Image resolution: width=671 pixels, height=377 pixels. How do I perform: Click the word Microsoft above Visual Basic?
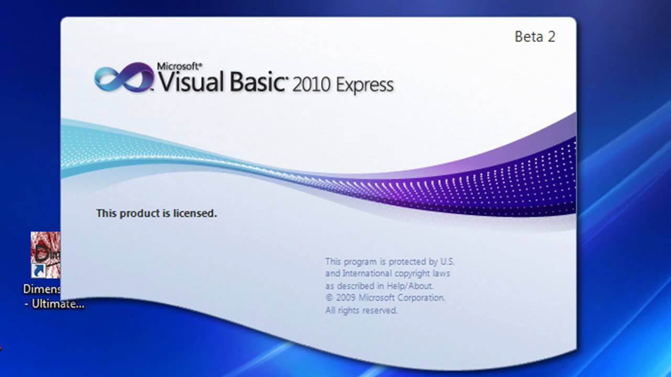point(179,66)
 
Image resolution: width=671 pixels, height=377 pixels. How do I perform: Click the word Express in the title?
point(365,85)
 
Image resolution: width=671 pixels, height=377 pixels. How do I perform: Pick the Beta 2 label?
point(535,37)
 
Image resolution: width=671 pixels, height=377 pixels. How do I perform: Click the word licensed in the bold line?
point(197,214)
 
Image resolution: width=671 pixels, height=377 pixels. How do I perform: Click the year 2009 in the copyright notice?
point(347,298)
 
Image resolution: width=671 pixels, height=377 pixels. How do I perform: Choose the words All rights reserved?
point(361,311)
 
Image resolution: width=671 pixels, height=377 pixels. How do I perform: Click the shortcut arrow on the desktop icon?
point(37,271)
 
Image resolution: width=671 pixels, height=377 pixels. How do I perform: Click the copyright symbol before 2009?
point(329,298)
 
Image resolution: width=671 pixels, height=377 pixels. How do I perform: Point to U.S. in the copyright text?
point(447,261)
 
